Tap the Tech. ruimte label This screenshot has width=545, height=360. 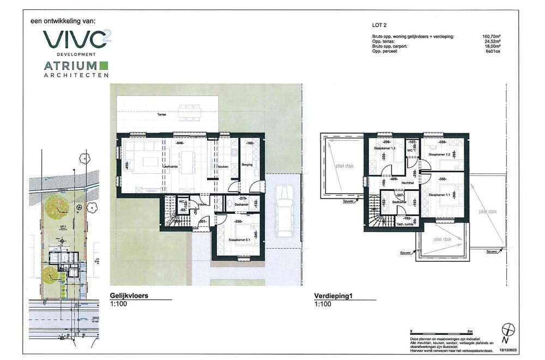tap(404, 224)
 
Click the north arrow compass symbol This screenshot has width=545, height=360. tap(510, 329)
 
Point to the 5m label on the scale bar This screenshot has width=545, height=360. tap(470, 331)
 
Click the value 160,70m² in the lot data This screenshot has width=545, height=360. tap(492, 37)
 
